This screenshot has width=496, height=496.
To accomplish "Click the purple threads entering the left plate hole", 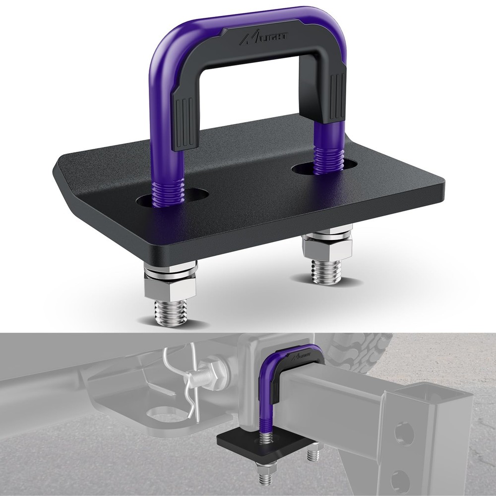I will [169, 190].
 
